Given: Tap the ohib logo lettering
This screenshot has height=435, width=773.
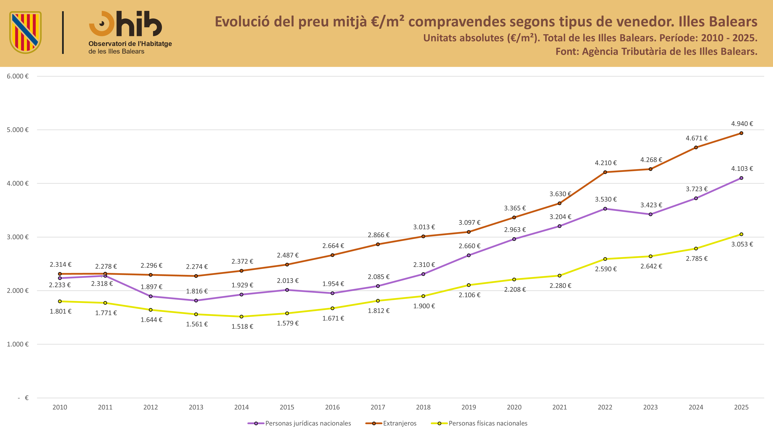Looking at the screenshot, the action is coord(125,24).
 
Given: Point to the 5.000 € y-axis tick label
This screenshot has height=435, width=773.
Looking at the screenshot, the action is coord(18,130).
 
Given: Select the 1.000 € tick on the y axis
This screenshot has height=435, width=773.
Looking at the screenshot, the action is coord(18,344).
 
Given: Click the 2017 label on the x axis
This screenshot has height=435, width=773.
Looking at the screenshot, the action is coord(378,407).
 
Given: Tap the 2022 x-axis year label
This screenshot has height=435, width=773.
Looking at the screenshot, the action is coord(605,407).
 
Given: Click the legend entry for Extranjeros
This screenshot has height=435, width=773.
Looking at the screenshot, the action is coord(391,423).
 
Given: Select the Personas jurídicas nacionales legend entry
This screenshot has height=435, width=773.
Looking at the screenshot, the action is coord(299,423).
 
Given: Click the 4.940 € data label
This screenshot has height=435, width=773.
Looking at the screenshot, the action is coord(742,124).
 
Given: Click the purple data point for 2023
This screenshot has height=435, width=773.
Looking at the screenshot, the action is coord(650,214).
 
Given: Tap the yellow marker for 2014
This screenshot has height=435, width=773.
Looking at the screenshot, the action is coord(242,317).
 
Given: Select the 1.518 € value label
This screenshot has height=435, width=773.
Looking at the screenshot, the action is coord(242,327).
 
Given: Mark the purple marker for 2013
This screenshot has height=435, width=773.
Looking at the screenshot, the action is coord(196,300).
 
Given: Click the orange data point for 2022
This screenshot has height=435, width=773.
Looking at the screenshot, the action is coord(605,172).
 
